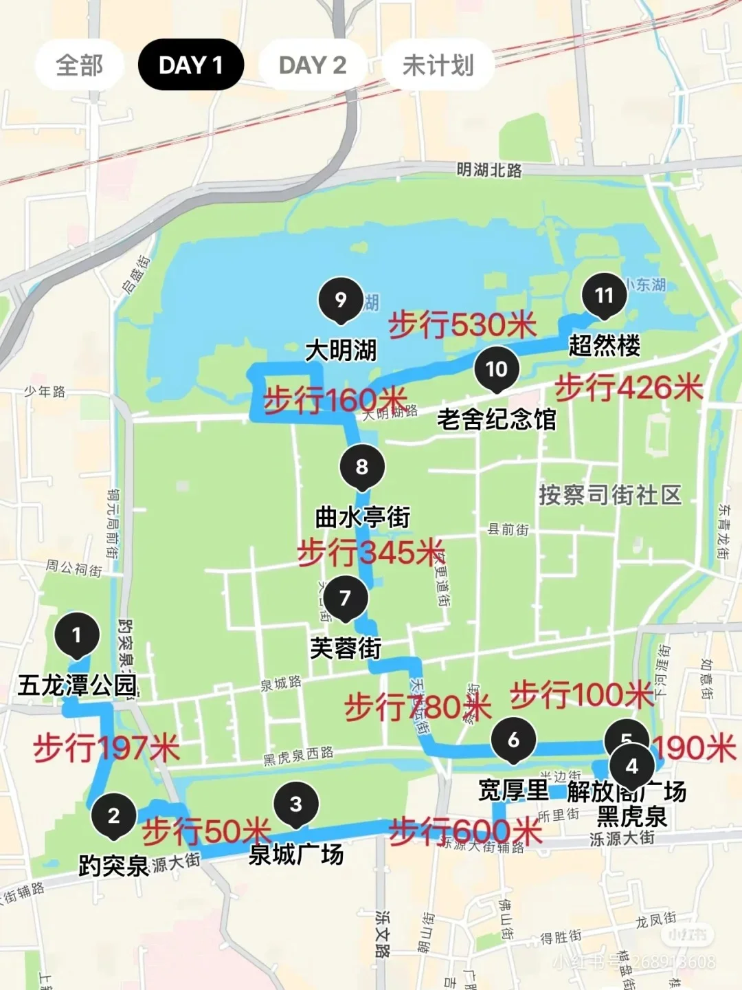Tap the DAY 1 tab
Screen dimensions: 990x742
point(190,65)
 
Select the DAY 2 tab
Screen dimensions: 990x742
point(312,65)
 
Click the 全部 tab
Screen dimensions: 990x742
point(79,65)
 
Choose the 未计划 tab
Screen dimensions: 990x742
point(438,65)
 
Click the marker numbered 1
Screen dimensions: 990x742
point(76,635)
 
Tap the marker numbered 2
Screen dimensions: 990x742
point(114,815)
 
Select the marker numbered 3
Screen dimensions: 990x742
point(295,804)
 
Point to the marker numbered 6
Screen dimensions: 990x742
point(513,740)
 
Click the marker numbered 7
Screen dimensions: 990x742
point(345,598)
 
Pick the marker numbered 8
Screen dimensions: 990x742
point(362,467)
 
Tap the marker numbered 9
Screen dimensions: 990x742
point(340,300)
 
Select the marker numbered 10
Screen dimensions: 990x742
point(496,369)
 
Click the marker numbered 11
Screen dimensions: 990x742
point(604,296)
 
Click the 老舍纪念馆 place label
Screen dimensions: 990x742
point(496,418)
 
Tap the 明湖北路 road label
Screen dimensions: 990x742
point(489,170)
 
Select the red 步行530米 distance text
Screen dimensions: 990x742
point(462,324)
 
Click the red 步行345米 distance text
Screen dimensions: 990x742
point(371,552)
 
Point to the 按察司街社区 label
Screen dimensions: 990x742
point(610,494)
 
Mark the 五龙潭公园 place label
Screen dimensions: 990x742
point(77,685)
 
